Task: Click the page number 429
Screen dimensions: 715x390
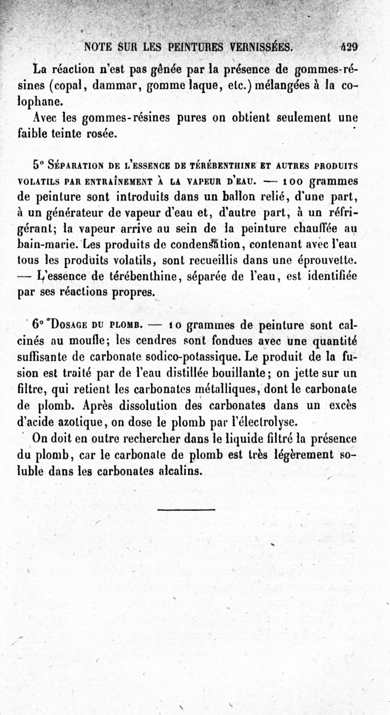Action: pyautogui.click(x=349, y=47)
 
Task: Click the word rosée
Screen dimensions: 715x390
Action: pyautogui.click(x=102, y=133)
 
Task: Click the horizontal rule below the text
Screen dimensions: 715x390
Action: pyautogui.click(x=186, y=510)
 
